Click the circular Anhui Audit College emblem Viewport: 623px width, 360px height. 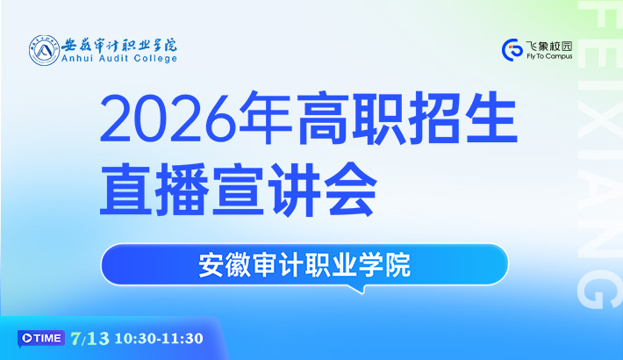click(44, 50)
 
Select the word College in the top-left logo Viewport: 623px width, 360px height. click(155, 59)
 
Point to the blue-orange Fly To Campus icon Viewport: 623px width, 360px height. click(512, 50)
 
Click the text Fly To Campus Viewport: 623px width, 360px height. click(549, 56)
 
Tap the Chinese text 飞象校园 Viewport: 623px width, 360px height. click(549, 47)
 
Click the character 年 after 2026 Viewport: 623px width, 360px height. click(265, 118)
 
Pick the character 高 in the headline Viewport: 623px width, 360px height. click(322, 118)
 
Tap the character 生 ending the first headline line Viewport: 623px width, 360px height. click(491, 118)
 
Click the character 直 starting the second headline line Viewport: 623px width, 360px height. click(125, 189)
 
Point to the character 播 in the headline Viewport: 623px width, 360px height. click(182, 189)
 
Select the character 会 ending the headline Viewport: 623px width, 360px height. click(351, 189)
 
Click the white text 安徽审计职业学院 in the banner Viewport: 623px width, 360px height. click(304, 265)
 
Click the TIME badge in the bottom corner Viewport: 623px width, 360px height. click(41, 338)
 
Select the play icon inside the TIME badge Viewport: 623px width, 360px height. click(27, 338)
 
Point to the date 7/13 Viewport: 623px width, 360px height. click(90, 339)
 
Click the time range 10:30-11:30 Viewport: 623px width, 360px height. click(159, 339)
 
